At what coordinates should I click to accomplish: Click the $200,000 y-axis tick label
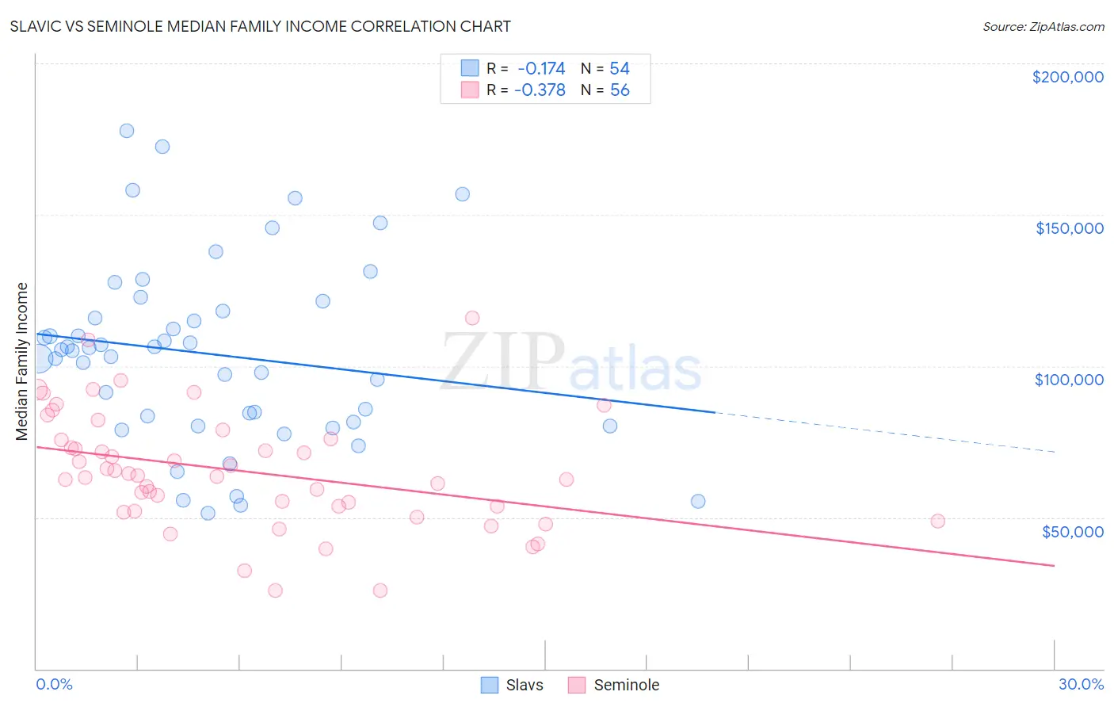coord(1067,77)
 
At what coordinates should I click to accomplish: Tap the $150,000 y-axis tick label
coord(1069,228)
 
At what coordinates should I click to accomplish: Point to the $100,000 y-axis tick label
coord(1069,380)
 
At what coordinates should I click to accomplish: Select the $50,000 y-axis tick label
coord(1072,531)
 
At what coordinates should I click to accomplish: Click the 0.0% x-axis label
coord(54,684)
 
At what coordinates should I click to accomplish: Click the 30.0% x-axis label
coord(1081,684)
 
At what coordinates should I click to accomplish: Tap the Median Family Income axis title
coord(22,361)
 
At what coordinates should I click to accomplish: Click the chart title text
coord(260,26)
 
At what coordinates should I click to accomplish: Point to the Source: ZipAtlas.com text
coord(1043,26)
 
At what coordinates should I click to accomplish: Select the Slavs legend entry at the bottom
coord(513,685)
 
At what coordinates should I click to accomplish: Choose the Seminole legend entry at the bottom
coord(614,685)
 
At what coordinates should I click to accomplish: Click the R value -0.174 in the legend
coord(541,68)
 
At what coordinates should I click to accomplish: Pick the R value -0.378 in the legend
coord(540,90)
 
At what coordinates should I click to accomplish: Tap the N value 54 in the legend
coord(620,68)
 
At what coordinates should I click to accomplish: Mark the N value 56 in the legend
coord(620,90)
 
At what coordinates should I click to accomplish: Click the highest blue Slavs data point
coord(127,131)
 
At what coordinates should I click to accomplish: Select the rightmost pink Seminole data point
coord(937,521)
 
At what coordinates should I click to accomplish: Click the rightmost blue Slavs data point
coord(698,501)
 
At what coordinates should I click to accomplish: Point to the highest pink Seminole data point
coord(472,318)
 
